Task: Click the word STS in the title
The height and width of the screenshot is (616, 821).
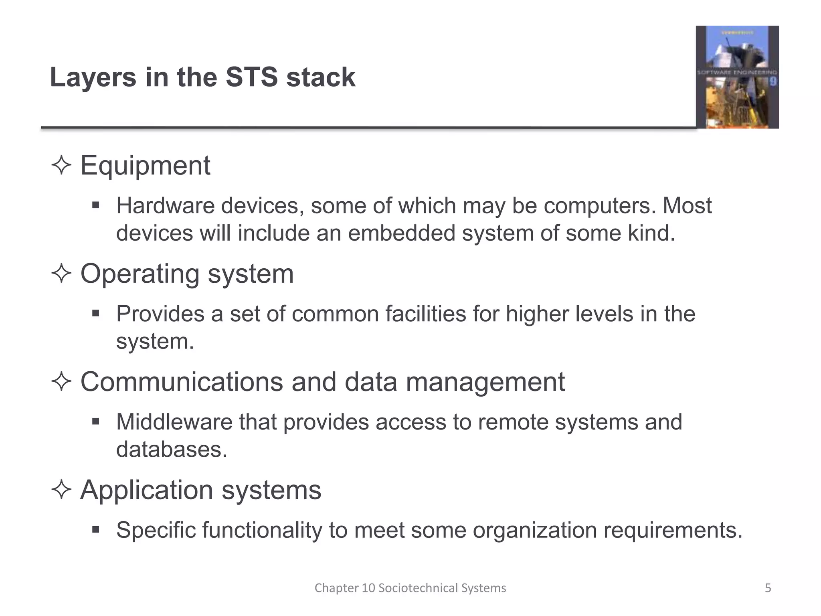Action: [251, 77]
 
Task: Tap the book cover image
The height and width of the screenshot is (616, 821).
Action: [737, 77]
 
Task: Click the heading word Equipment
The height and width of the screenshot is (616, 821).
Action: [145, 165]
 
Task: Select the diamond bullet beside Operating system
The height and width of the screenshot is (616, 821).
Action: [61, 274]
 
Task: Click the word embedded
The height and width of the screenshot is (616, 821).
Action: [401, 233]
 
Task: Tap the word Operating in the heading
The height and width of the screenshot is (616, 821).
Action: [140, 274]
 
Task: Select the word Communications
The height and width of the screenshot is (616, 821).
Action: [182, 382]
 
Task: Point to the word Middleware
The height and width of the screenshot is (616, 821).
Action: [174, 422]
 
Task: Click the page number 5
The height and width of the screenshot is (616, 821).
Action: [768, 588]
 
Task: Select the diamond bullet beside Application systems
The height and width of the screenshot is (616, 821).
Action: [61, 490]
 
